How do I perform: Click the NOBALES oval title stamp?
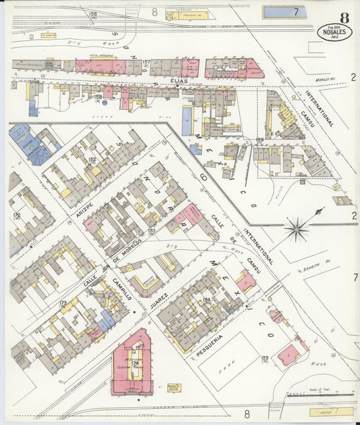[334, 32]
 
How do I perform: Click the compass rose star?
[297, 228]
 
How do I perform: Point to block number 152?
[92, 160]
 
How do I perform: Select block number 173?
[63, 304]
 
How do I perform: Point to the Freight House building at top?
[187, 14]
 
